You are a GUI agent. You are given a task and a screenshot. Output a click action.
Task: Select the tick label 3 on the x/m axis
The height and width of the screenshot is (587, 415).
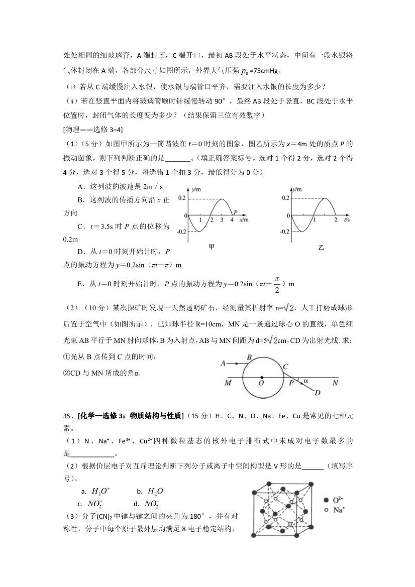221,220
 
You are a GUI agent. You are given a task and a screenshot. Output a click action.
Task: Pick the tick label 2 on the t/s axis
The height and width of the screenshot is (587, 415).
336,220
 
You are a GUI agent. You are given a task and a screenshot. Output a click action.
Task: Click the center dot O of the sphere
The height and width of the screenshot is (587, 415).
261,377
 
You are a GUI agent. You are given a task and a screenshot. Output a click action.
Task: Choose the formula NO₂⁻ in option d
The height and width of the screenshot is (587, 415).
152,504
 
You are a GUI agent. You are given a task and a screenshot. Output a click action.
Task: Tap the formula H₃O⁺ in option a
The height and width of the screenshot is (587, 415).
100,491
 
